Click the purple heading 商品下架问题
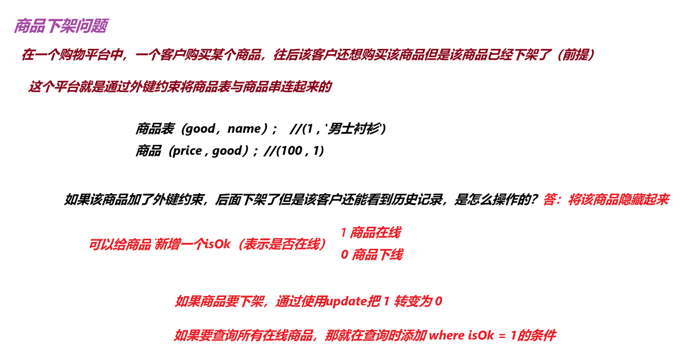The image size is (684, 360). [61, 26]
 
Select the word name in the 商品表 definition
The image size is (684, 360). [244, 129]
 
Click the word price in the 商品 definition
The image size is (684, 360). [187, 151]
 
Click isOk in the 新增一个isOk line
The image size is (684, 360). [218, 244]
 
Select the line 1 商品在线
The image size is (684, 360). [370, 232]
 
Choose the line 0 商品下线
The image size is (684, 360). [371, 255]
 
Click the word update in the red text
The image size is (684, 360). [346, 302]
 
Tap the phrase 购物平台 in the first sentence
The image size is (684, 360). [87, 55]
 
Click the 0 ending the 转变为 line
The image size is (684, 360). [439, 302]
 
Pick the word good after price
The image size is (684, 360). [227, 151]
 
